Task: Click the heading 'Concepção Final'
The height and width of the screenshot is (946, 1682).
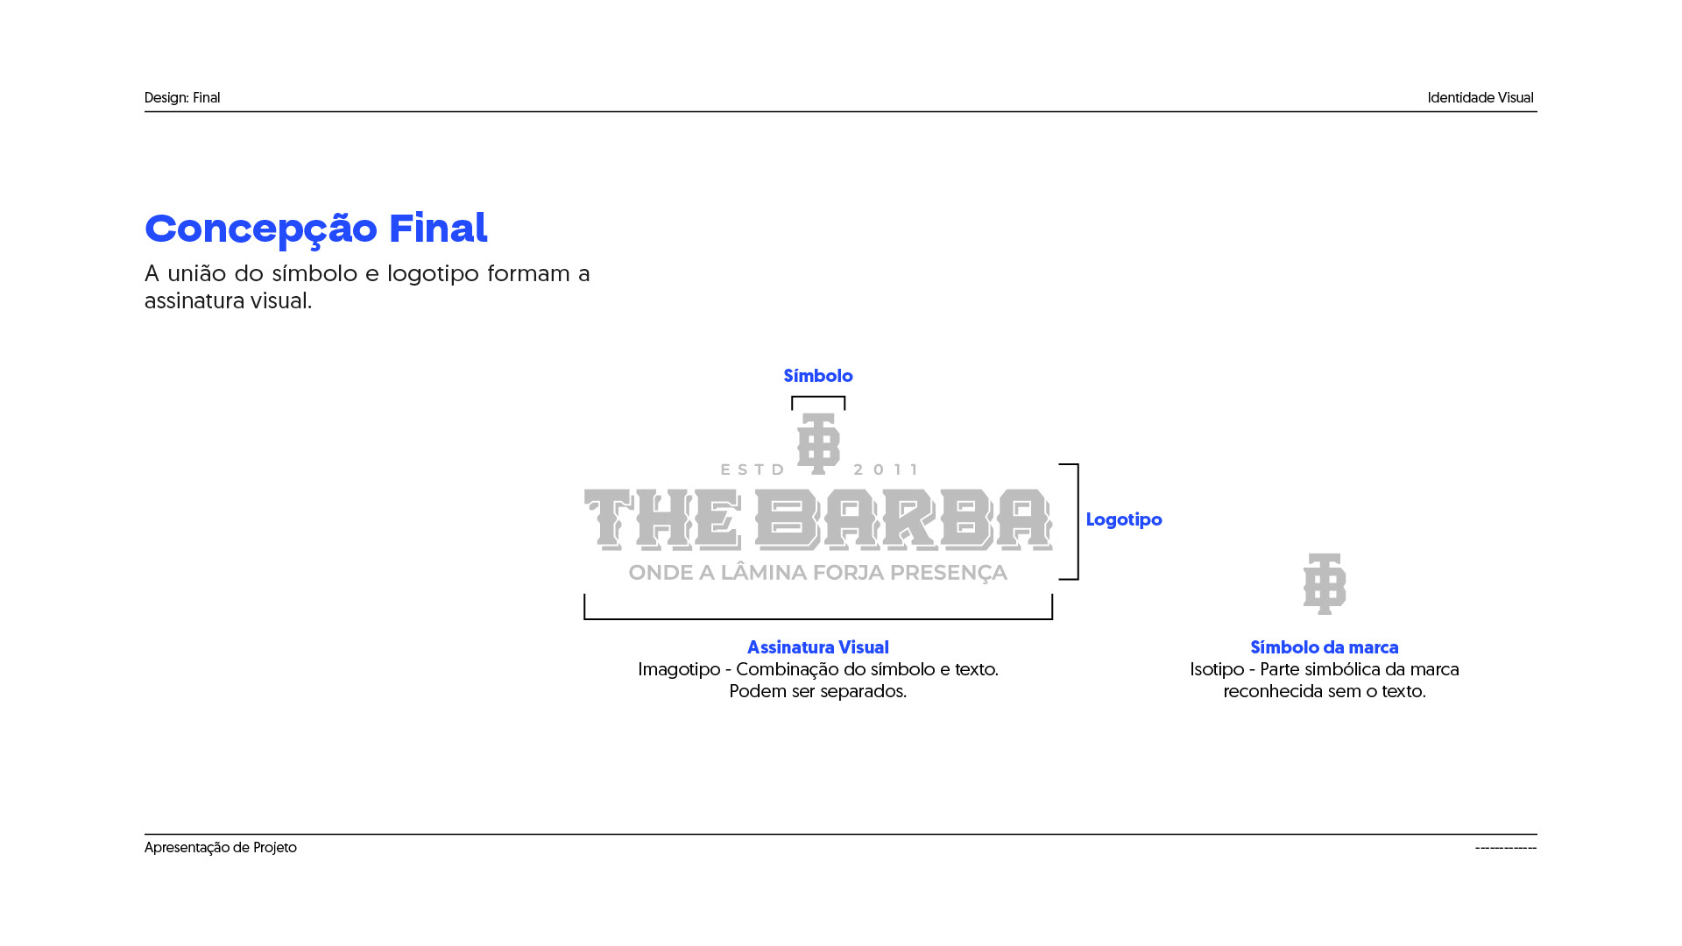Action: point(315,229)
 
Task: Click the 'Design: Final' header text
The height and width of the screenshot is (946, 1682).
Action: point(182,98)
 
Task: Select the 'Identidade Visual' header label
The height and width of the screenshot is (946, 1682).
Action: point(1480,98)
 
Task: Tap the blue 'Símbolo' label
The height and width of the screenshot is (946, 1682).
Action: point(817,376)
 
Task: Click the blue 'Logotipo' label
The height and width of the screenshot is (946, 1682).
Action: point(1123,519)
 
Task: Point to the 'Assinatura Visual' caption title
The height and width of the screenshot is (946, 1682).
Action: point(817,647)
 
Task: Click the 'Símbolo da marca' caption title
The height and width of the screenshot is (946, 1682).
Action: point(1324,647)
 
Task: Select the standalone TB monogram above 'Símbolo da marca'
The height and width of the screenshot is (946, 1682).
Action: point(1324,583)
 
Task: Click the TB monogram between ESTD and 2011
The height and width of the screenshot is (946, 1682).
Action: point(818,443)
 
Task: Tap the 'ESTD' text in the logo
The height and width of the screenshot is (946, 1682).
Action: point(753,469)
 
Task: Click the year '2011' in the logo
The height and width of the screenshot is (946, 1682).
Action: point(886,469)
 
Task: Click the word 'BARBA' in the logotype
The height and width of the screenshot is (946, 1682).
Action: point(903,519)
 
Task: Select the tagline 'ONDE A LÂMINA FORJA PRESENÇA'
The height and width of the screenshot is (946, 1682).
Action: point(817,573)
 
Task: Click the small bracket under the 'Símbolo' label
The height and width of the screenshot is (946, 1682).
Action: point(818,399)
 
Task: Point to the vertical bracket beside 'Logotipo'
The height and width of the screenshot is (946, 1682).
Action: point(1076,521)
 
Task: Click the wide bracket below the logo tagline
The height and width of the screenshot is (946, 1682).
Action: point(817,618)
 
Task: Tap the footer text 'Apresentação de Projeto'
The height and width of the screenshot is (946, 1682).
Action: point(221,848)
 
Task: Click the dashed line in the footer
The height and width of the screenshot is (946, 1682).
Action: point(1505,848)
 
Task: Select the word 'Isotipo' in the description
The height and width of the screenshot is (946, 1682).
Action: point(1216,669)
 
